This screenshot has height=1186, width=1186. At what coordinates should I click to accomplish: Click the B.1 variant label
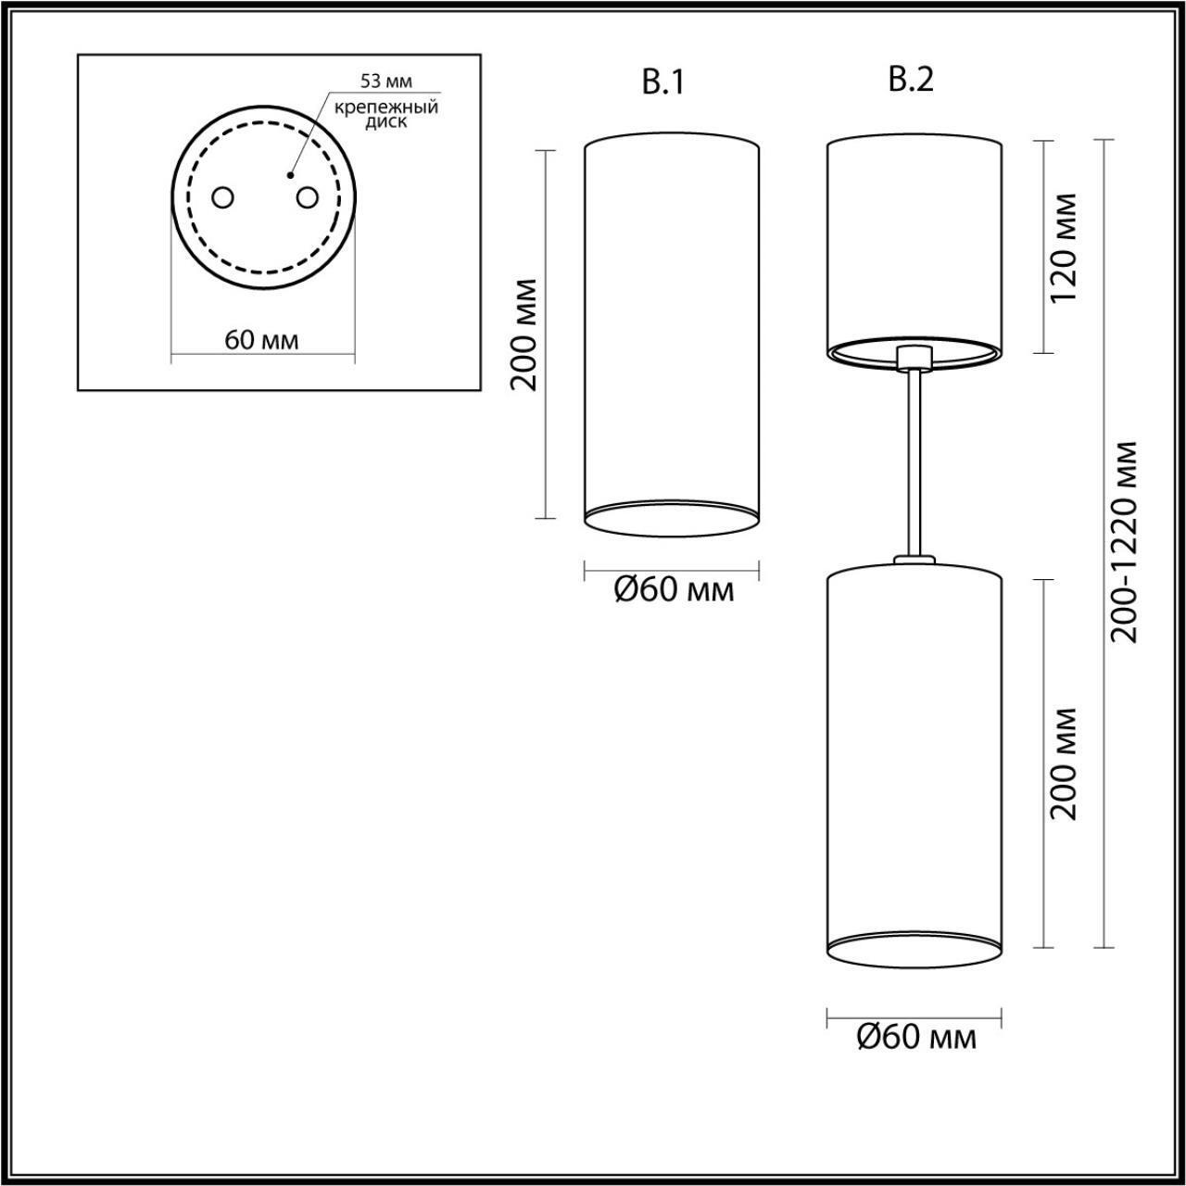click(x=662, y=82)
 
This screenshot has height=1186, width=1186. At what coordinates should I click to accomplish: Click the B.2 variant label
click(x=911, y=81)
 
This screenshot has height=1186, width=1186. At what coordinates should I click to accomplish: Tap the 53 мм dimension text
click(x=386, y=83)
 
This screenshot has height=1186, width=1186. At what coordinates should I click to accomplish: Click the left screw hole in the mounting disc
click(x=223, y=197)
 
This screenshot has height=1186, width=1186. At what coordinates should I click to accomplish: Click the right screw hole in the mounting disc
click(x=307, y=197)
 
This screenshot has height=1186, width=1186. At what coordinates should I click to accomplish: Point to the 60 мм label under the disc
click(x=262, y=340)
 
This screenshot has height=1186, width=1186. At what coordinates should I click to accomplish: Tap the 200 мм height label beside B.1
click(x=525, y=334)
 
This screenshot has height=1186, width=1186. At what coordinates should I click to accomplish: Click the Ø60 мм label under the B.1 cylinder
click(x=674, y=590)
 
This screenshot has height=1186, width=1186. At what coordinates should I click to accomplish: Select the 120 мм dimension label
click(x=1065, y=246)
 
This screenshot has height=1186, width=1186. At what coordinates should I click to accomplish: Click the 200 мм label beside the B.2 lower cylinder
click(x=1065, y=763)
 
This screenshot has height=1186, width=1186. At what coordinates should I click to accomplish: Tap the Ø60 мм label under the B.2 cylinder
click(x=916, y=1037)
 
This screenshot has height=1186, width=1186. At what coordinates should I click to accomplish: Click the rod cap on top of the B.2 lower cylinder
click(x=915, y=560)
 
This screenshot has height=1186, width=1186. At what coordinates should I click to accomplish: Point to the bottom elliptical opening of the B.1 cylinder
click(x=673, y=519)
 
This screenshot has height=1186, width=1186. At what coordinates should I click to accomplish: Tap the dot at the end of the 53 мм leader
click(x=290, y=173)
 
